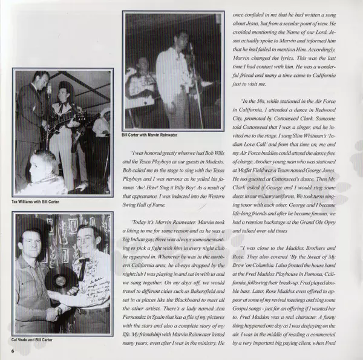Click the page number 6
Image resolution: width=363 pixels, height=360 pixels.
pyautogui.click(x=11, y=350)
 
